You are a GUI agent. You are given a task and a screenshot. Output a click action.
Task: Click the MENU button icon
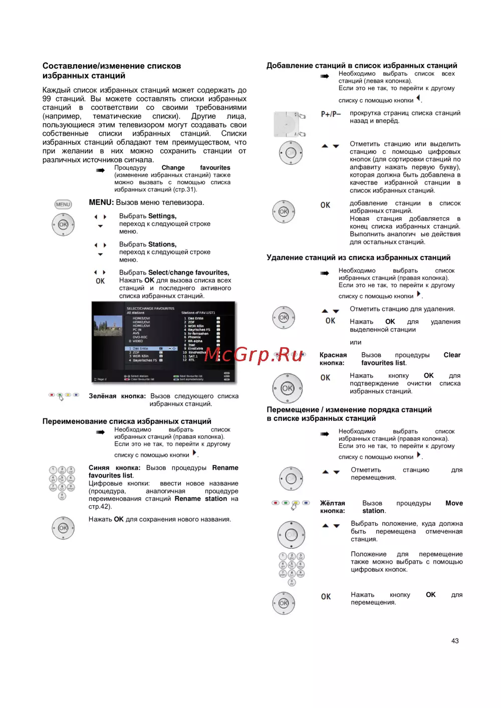[x=63, y=204]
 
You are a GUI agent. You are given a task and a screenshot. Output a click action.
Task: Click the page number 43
[x=455, y=641]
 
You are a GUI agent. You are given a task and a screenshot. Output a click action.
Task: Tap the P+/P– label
[x=331, y=114]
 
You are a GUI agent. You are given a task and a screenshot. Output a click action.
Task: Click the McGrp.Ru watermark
[x=254, y=355]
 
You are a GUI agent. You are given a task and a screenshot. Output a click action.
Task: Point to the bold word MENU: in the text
[x=101, y=202]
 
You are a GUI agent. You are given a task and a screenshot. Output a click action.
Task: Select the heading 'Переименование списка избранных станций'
[x=127, y=421]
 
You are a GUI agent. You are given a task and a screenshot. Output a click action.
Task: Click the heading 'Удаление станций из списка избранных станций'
[x=358, y=258]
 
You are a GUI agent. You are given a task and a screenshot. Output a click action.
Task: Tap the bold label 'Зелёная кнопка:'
[x=117, y=396]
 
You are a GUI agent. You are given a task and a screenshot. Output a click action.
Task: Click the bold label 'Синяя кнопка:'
[x=115, y=468]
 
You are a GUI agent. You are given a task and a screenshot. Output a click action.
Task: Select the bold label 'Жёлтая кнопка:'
[x=333, y=507]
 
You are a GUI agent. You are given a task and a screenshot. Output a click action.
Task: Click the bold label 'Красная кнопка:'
[x=333, y=359]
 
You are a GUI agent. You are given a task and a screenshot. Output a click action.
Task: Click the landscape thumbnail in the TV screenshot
[x=108, y=326]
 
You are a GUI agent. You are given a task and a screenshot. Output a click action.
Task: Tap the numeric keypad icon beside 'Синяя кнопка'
[x=62, y=483]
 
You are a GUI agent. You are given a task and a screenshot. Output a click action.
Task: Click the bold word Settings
[x=162, y=216]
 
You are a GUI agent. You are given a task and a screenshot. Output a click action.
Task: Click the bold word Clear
[x=452, y=355]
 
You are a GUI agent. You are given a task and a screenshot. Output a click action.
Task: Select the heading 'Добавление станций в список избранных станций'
[x=362, y=66]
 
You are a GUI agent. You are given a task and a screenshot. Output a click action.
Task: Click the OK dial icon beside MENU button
[x=63, y=224]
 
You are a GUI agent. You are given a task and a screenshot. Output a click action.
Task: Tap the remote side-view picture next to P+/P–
[x=290, y=124]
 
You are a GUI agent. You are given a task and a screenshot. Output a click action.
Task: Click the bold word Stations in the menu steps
[x=162, y=245]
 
